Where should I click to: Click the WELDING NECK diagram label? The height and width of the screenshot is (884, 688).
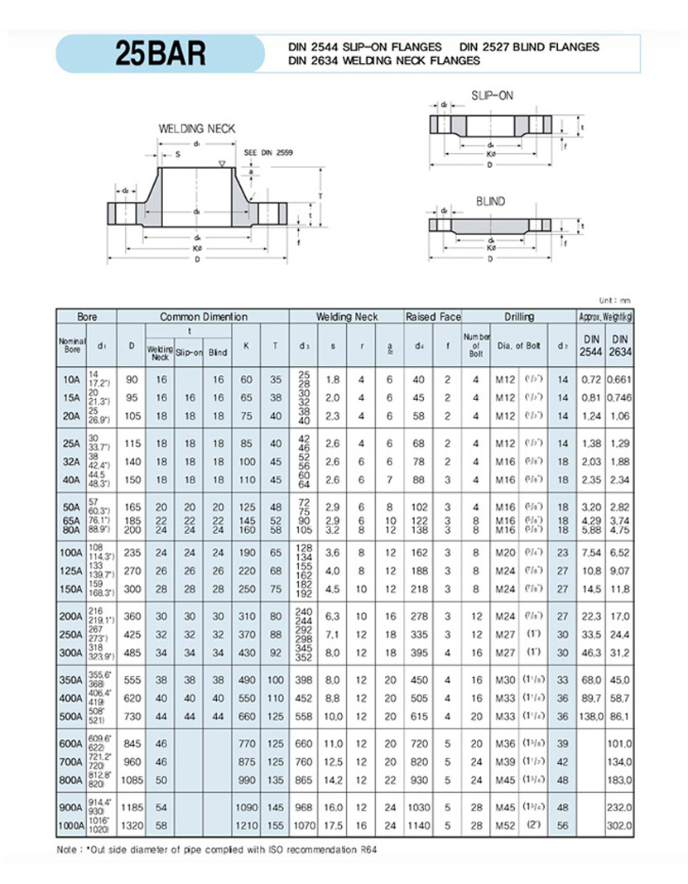pos(197,128)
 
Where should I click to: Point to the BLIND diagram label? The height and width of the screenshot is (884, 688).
pos(490,201)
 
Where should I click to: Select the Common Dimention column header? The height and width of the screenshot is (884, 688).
pos(203,317)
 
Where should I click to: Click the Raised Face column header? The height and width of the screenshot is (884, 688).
pos(432,317)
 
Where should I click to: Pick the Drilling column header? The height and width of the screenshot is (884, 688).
pos(519,317)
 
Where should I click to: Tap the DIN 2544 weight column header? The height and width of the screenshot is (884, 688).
pos(591,344)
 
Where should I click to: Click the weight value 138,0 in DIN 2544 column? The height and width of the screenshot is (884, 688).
pos(591,714)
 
